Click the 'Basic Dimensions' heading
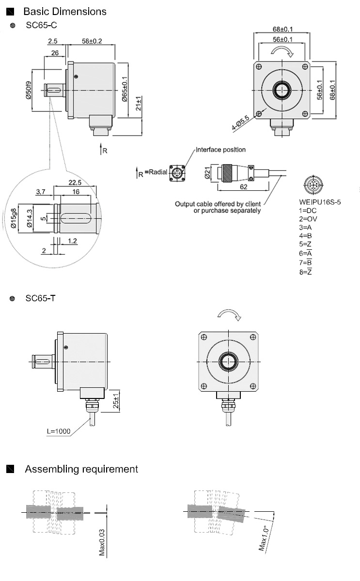coord(64,11)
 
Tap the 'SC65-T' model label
coord(41,298)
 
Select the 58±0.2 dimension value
coord(92,42)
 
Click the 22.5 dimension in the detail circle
coord(75,183)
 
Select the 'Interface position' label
coord(220,150)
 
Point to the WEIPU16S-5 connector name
coord(319,201)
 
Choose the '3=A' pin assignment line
coord(305,227)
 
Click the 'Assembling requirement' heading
coord(81,469)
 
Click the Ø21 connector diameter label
coord(206,172)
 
